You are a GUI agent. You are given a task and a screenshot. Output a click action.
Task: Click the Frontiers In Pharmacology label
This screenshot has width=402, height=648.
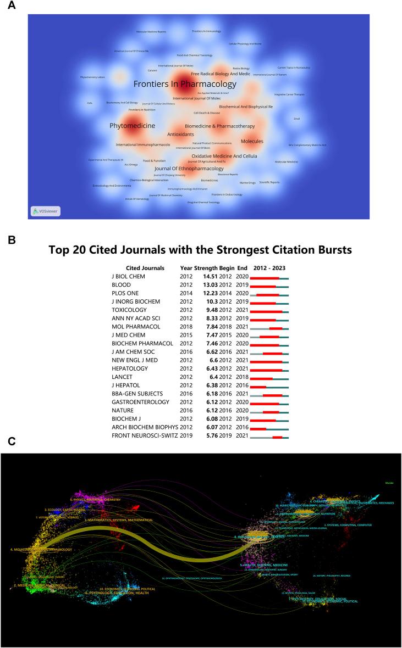[184, 84]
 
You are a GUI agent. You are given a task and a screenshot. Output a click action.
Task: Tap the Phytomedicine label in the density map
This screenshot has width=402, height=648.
[132, 126]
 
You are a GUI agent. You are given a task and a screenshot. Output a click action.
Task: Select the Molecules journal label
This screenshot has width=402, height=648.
[252, 141]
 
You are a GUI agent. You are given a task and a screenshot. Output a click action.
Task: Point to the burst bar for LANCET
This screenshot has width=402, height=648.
[261, 379]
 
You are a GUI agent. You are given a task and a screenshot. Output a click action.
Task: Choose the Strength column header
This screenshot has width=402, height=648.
[207, 268]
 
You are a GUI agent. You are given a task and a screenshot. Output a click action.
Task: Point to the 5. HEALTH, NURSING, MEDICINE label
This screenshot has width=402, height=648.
[265, 565]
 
